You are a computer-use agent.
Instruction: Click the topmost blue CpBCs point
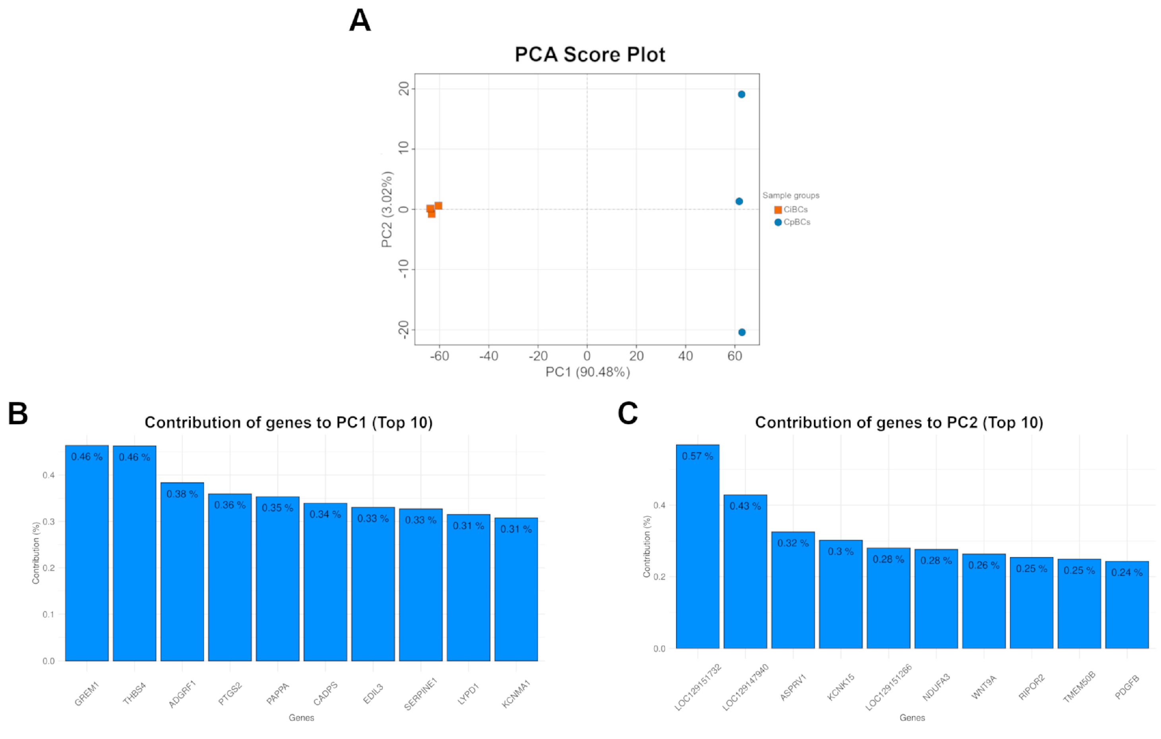pyautogui.click(x=742, y=95)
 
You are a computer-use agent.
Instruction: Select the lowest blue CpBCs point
pyautogui.click(x=742, y=332)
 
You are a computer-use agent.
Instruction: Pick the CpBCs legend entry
pyautogui.click(x=792, y=222)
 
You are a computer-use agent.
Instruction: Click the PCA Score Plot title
pyautogui.click(x=590, y=54)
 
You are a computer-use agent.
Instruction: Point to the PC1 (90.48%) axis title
pyautogui.click(x=588, y=372)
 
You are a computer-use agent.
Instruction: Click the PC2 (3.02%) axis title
pyautogui.click(x=387, y=209)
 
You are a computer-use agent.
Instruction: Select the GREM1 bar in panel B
pyautogui.click(x=87, y=553)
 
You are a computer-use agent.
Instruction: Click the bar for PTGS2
pyautogui.click(x=230, y=577)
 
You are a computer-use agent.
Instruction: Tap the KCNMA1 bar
pyautogui.click(x=516, y=589)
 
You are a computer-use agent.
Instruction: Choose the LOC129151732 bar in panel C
pyautogui.click(x=698, y=546)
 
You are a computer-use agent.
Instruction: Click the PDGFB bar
pyautogui.click(x=1127, y=605)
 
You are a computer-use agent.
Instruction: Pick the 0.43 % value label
pyautogui.click(x=745, y=506)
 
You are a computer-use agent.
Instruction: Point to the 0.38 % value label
pyautogui.click(x=182, y=494)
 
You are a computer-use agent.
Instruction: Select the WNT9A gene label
pyautogui.click(x=984, y=687)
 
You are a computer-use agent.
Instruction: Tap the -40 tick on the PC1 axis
pyautogui.click(x=488, y=356)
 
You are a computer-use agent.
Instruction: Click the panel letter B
pyautogui.click(x=18, y=413)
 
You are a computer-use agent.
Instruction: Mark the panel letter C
pyautogui.click(x=628, y=413)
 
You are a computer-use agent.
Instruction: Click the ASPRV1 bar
pyautogui.click(x=793, y=590)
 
